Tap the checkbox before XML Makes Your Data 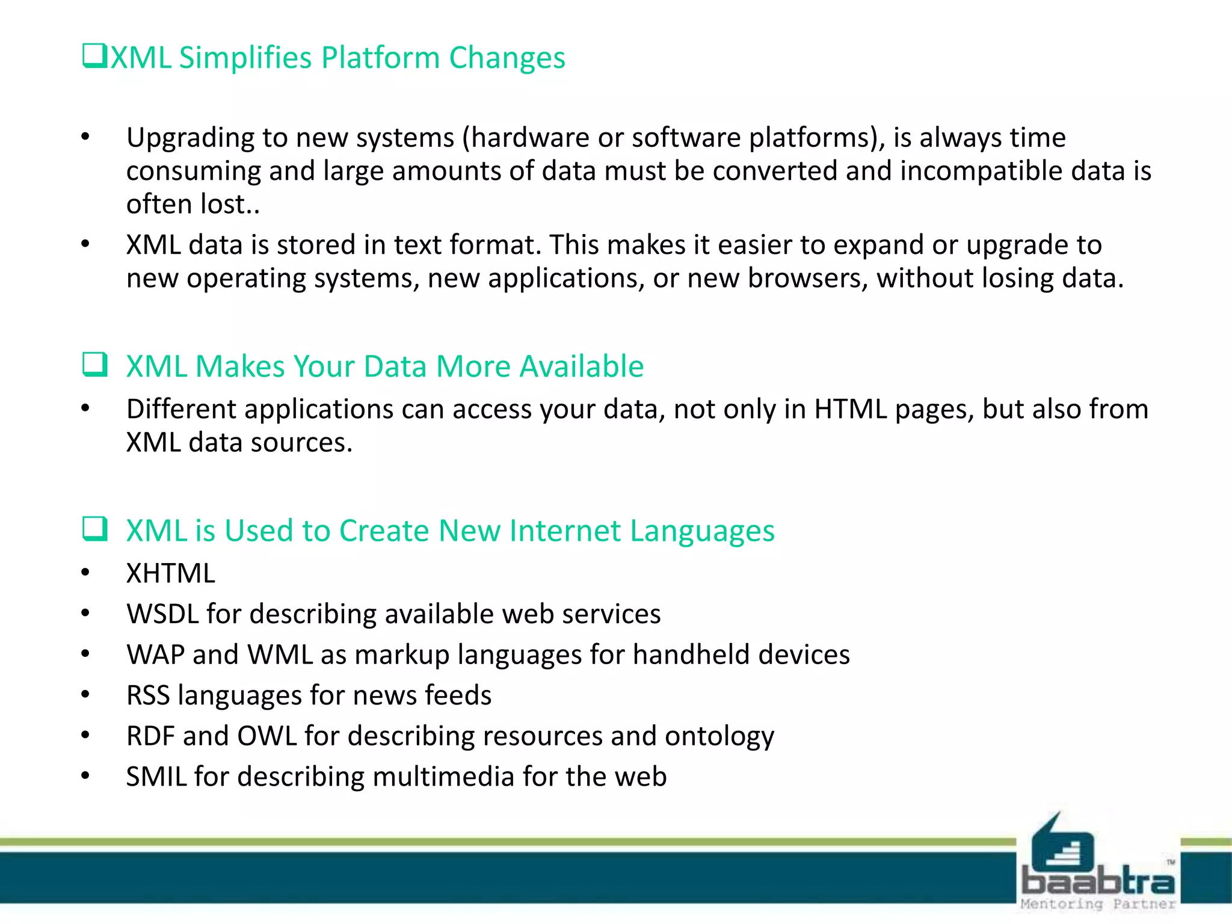point(95,365)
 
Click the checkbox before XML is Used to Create point(95,529)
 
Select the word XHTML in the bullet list point(170,573)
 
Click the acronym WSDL point(162,614)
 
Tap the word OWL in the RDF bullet point(266,736)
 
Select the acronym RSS point(148,695)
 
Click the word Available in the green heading point(581,366)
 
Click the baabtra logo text point(1097,882)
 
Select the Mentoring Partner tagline point(1097,904)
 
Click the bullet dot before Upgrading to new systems point(85,137)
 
